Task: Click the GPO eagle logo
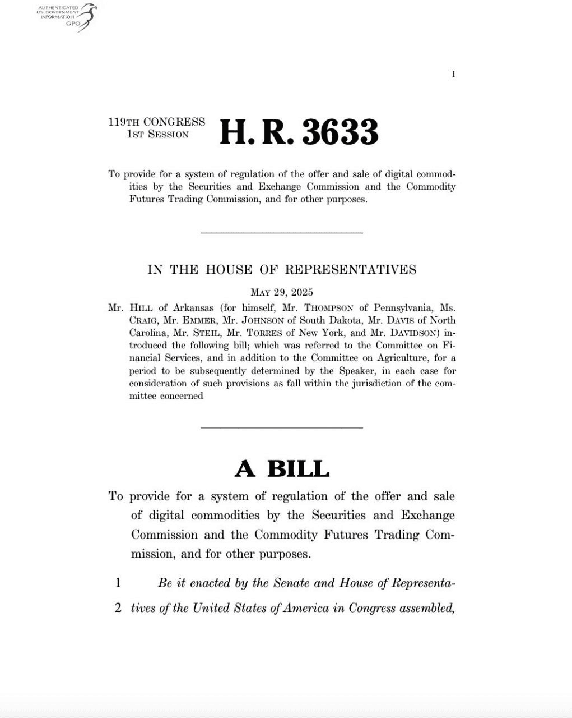(x=86, y=17)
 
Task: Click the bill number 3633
(x=340, y=132)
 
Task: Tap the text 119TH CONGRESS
(x=157, y=122)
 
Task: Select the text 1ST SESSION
(x=158, y=135)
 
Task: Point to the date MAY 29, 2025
(x=282, y=292)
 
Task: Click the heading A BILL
(x=282, y=468)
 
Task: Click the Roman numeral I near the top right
(x=453, y=74)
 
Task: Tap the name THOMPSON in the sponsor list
(x=328, y=308)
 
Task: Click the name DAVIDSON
(x=405, y=333)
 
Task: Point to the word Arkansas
(x=189, y=308)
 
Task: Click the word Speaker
(x=355, y=371)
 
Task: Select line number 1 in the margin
(x=118, y=583)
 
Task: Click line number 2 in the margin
(x=118, y=608)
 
